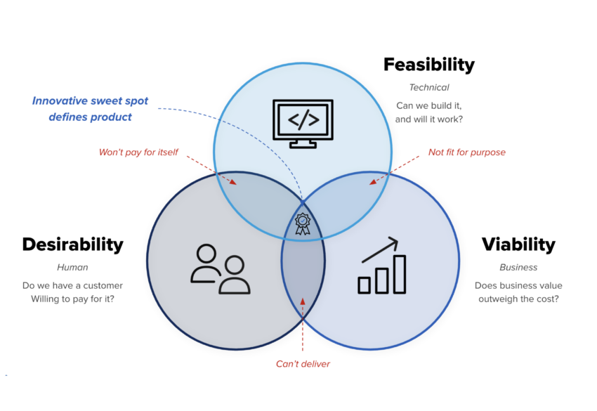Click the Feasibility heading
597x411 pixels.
point(429,65)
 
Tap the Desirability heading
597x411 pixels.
point(73,244)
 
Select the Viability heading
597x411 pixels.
point(518,244)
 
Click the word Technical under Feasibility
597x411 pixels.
point(429,88)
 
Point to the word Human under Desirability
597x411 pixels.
point(72,268)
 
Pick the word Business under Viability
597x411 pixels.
point(518,268)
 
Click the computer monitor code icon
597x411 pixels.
point(303,124)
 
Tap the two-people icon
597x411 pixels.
point(220,269)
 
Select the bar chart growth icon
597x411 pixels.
point(382,266)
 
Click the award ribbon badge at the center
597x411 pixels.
point(303,223)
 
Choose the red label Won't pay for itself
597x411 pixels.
point(138,152)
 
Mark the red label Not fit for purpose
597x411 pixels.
point(467,152)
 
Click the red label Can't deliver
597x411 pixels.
point(303,364)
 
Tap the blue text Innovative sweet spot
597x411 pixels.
point(90,101)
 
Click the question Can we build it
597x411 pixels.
point(428,105)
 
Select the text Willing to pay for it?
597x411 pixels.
point(72,299)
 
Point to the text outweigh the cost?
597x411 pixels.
point(518,299)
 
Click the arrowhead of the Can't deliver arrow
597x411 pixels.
point(303,301)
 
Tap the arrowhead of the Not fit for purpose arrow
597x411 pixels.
point(373,182)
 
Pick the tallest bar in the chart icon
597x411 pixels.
point(400,274)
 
